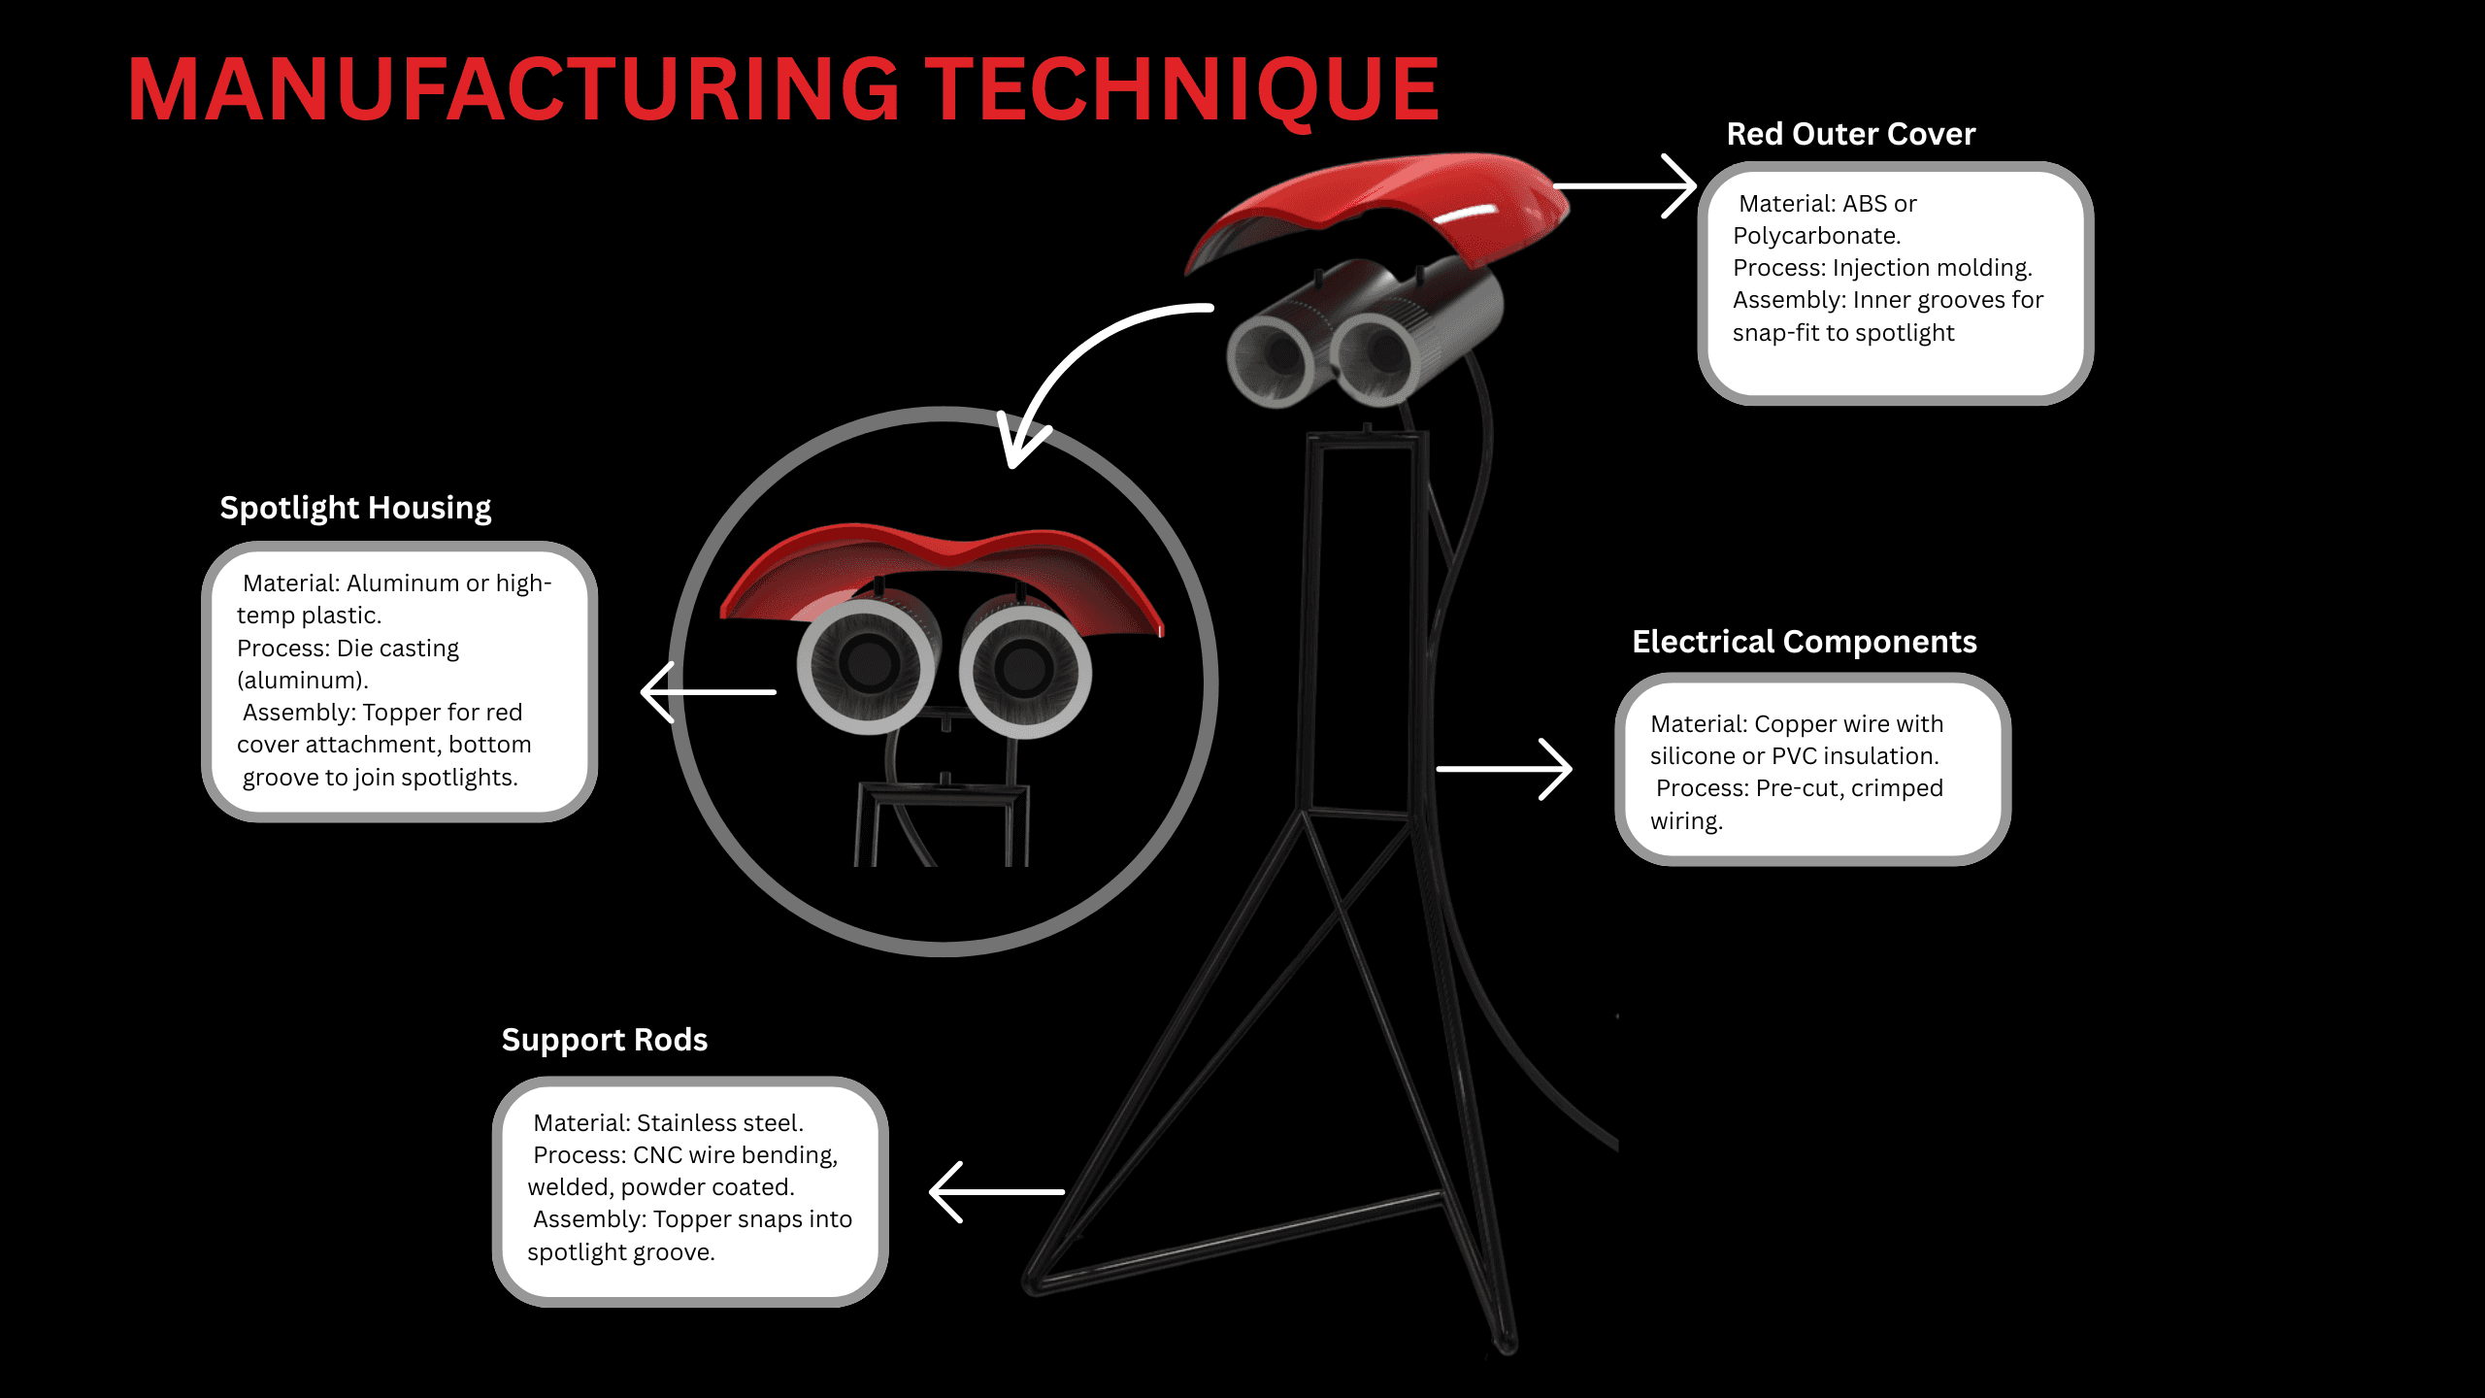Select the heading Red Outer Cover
pyautogui.click(x=1850, y=134)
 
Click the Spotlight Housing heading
pyautogui.click(x=355, y=508)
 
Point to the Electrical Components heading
pyautogui.click(x=1804, y=642)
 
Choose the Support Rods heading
pyautogui.click(x=604, y=1040)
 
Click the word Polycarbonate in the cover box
pyautogui.click(x=1815, y=236)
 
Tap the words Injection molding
pyautogui.click(x=1931, y=268)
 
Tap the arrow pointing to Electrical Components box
pyautogui.click(x=1505, y=769)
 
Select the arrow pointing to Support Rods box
pyautogui.click(x=996, y=1192)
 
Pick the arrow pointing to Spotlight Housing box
pyautogui.click(x=709, y=692)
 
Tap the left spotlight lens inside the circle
pyautogui.click(x=867, y=665)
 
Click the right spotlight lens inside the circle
pyautogui.click(x=1024, y=668)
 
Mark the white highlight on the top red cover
pyautogui.click(x=1466, y=214)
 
